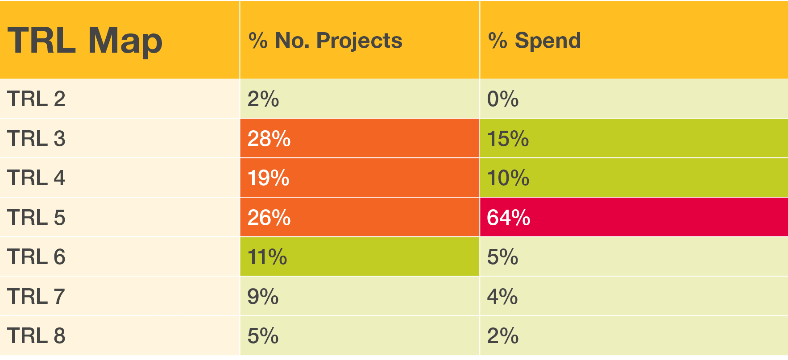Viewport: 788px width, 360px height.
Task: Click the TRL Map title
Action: click(x=85, y=41)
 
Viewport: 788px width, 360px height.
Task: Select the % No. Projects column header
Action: click(x=325, y=41)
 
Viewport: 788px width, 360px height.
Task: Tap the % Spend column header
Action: click(x=535, y=41)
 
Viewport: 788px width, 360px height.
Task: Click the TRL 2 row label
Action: click(x=36, y=99)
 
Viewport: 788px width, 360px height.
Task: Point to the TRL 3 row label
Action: click(x=36, y=139)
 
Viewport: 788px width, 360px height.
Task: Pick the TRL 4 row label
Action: click(x=36, y=178)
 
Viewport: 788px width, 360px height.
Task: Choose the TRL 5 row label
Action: click(x=36, y=218)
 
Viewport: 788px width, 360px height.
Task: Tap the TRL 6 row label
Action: click(x=36, y=257)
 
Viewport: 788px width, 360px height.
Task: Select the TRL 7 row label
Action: click(x=36, y=297)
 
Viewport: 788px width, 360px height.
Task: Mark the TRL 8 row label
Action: click(x=36, y=336)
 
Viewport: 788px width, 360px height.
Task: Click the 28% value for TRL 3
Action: click(x=269, y=139)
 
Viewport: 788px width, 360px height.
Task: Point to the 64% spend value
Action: click(x=508, y=218)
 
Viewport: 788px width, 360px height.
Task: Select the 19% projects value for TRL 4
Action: click(x=268, y=178)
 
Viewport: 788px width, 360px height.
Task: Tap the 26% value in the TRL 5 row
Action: click(x=269, y=218)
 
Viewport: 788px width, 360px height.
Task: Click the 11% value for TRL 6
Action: click(x=267, y=257)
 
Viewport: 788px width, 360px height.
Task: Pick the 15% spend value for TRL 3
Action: click(x=508, y=139)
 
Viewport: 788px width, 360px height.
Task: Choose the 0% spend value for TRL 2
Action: click(x=503, y=99)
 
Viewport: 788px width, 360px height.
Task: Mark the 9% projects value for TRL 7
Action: click(x=263, y=297)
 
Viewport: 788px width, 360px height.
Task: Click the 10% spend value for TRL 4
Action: click(x=508, y=178)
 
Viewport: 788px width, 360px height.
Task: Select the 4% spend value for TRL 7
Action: click(x=502, y=297)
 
